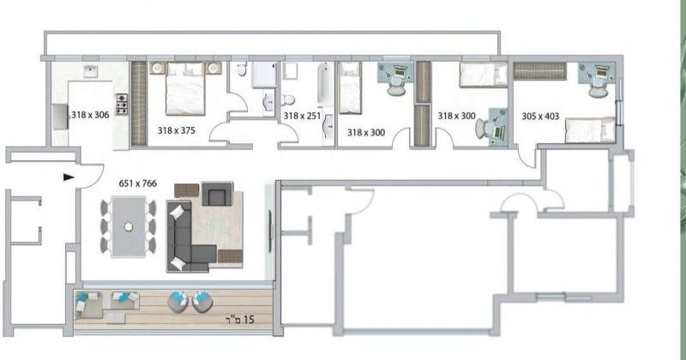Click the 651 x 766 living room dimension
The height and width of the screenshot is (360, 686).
pyautogui.click(x=137, y=183)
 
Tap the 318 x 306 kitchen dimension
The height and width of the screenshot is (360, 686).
pyautogui.click(x=90, y=115)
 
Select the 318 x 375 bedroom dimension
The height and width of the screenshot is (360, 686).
pyautogui.click(x=177, y=130)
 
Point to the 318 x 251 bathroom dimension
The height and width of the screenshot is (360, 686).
pyautogui.click(x=303, y=116)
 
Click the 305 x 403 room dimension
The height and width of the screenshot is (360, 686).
pyautogui.click(x=540, y=117)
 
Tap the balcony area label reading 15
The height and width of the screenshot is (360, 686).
pyautogui.click(x=248, y=320)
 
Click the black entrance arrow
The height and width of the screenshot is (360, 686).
pyautogui.click(x=69, y=177)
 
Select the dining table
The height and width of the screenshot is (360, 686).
pyautogui.click(x=128, y=226)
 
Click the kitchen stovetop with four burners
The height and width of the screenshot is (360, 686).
pyautogui.click(x=121, y=104)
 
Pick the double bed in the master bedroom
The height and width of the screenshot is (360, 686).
pyautogui.click(x=185, y=89)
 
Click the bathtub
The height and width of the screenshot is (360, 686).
pyautogui.click(x=325, y=84)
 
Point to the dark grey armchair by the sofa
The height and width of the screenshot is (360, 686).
pyautogui.click(x=217, y=194)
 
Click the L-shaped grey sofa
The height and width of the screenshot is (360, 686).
pyautogui.click(x=190, y=237)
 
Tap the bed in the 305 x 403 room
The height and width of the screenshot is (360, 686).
pyautogui.click(x=590, y=130)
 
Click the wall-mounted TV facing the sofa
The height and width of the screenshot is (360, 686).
pyautogui.click(x=270, y=225)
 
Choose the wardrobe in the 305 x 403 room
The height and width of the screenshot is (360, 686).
pyautogui.click(x=539, y=71)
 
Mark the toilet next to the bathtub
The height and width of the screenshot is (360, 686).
pyautogui.click(x=287, y=99)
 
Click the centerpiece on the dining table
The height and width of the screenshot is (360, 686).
pyautogui.click(x=128, y=226)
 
